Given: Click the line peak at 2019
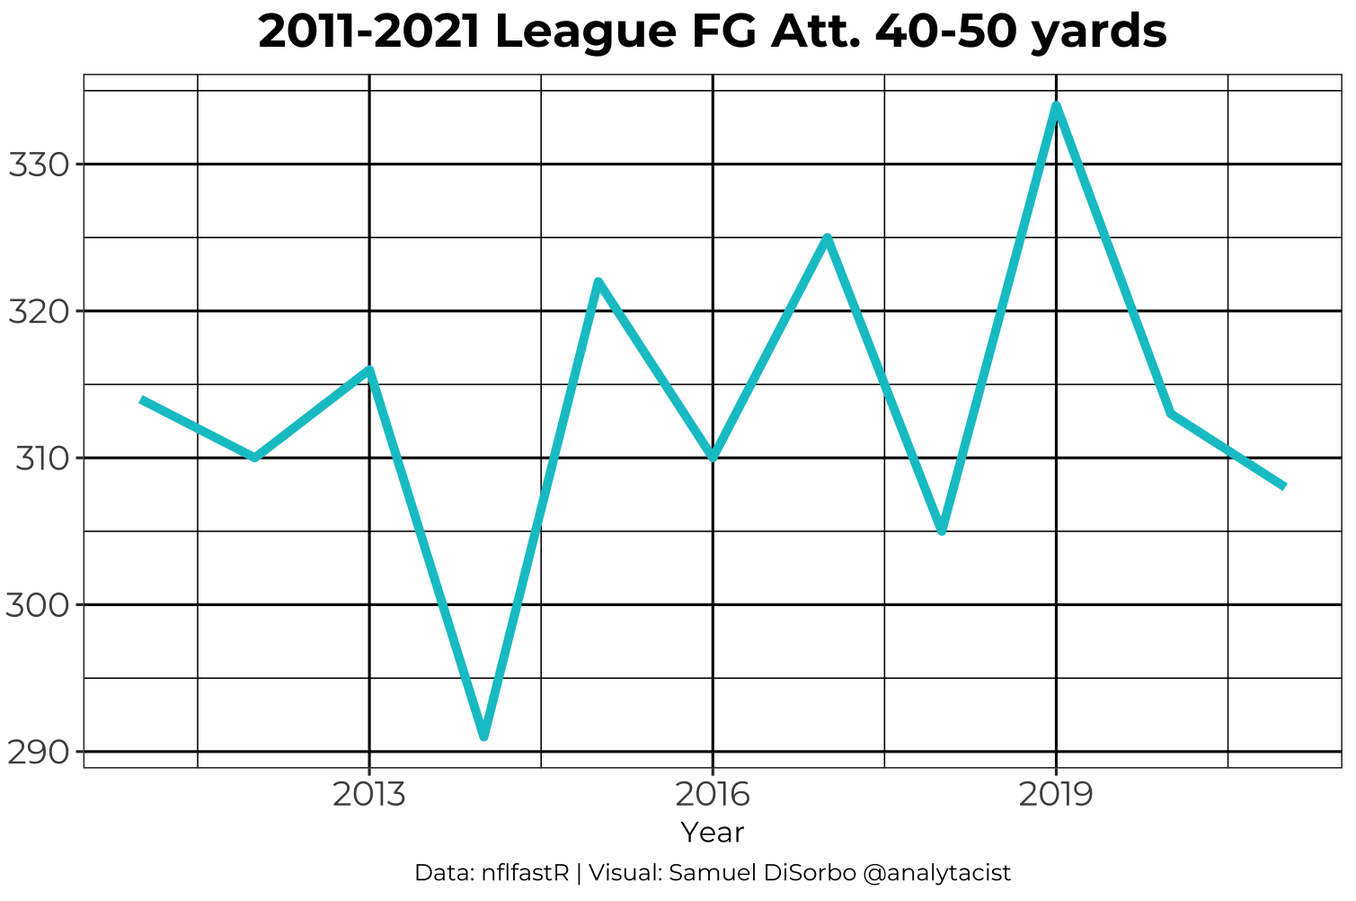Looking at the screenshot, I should pos(1056,106).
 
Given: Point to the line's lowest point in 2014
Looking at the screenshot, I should pos(484,736).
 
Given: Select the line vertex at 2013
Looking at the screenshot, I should pos(369,369).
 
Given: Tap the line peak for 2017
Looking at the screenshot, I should pos(828,237).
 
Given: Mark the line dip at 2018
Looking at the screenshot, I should pos(942,531).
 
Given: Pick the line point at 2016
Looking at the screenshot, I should pos(713,457).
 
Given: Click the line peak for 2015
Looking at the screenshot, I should pos(598,281).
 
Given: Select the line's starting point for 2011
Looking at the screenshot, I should pos(141,399).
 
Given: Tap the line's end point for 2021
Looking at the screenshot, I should pos(1285,486).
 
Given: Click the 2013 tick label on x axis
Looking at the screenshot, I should pos(369,795).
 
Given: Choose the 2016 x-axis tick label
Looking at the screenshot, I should pos(713,795).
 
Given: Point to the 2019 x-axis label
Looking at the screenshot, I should pos(1056,795).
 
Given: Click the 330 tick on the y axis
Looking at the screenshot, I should pos(38,165).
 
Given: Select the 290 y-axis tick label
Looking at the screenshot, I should pos(38,752).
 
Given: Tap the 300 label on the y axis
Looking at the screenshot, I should pos(38,605).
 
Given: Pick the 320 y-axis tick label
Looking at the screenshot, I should pos(38,312).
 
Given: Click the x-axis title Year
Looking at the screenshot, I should pos(713,833).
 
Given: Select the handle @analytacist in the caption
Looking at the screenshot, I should pos(936,873).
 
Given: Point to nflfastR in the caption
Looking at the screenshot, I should pos(525,873).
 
